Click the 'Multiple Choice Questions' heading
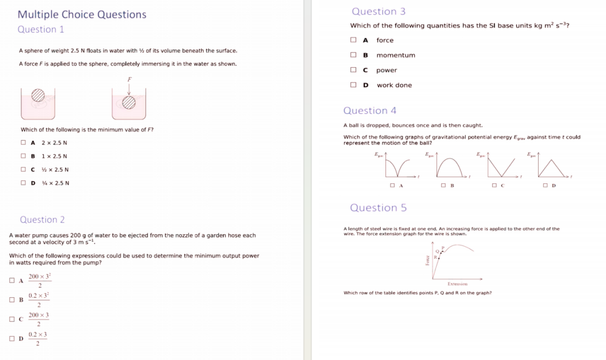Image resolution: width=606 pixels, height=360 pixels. (x=82, y=15)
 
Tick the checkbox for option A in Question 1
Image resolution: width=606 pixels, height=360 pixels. (x=24, y=142)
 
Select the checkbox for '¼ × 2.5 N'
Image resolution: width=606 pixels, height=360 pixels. (x=24, y=183)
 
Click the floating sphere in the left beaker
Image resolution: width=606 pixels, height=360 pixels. (x=38, y=95)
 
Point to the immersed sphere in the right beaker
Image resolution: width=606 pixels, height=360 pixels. (x=129, y=101)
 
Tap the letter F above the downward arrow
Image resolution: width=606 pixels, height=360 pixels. (x=129, y=79)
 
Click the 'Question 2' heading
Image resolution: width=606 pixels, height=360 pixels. (x=42, y=220)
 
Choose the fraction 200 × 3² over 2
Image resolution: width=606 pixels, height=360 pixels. (x=39, y=280)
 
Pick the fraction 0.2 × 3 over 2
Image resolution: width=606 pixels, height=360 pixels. (x=38, y=339)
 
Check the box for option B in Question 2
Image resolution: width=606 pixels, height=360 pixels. (x=12, y=299)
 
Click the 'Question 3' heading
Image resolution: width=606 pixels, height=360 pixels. (x=379, y=11)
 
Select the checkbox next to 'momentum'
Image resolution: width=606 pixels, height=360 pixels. (x=353, y=55)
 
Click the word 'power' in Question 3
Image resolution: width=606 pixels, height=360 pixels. (x=387, y=70)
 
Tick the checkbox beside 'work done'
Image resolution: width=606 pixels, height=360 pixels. (x=353, y=85)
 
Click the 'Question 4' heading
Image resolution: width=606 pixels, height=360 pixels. (x=370, y=110)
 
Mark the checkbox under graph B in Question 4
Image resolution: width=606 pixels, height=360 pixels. (x=443, y=185)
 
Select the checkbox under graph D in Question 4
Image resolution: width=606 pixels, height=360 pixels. (x=545, y=185)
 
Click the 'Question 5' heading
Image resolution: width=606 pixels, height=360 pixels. (x=378, y=208)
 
